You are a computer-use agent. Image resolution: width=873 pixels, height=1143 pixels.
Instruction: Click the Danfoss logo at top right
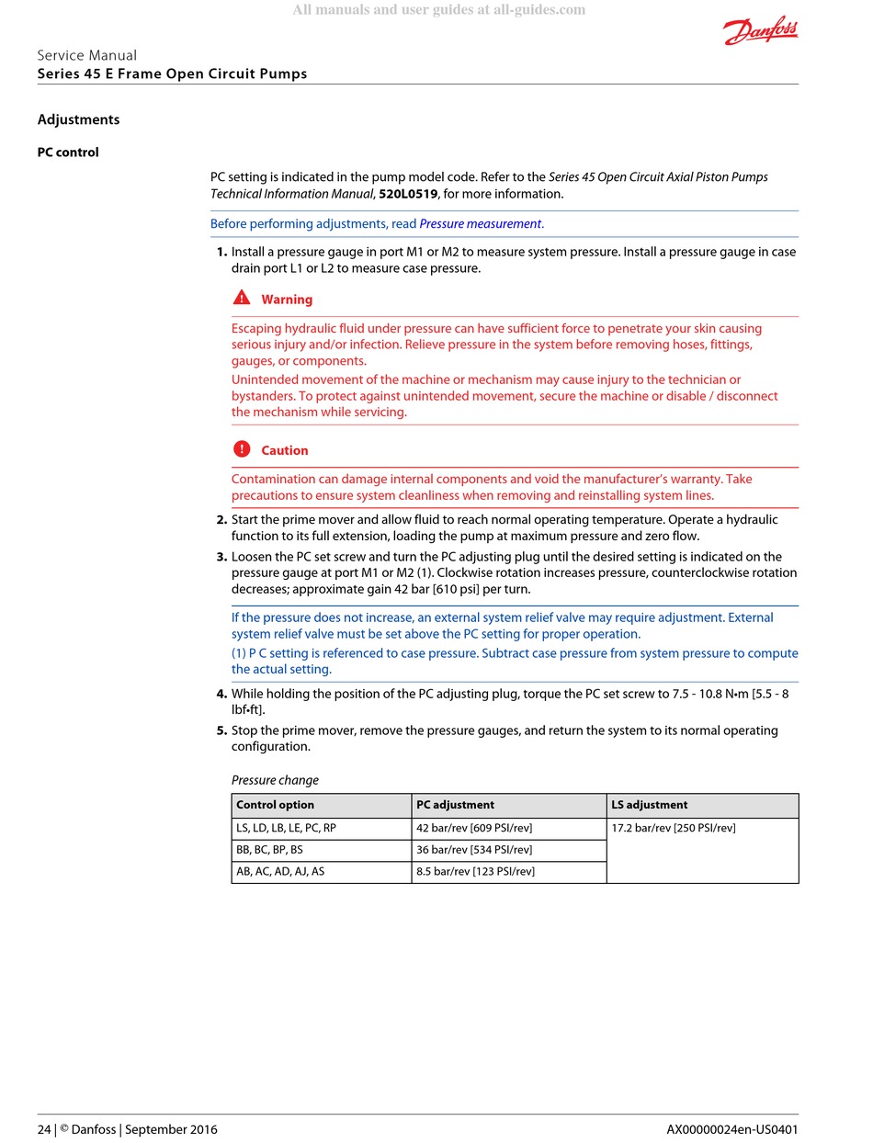761,32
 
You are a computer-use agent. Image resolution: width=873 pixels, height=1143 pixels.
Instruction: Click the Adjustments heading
78,119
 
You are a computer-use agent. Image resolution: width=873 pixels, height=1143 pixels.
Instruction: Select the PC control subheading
68,153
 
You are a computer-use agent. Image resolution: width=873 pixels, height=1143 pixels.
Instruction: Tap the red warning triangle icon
242,298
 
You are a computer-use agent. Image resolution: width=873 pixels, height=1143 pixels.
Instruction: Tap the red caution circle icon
242,449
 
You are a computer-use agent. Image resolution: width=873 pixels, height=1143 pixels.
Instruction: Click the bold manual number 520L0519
408,194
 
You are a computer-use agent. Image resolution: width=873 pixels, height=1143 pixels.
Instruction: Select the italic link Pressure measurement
480,223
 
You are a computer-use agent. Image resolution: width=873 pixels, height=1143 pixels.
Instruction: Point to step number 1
221,252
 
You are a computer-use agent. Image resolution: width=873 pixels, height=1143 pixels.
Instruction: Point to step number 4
221,694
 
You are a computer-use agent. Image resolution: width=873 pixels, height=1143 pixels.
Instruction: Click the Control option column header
275,805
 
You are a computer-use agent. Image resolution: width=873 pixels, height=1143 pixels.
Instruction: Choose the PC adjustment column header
455,805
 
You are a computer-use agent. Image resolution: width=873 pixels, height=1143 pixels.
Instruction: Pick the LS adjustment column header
649,805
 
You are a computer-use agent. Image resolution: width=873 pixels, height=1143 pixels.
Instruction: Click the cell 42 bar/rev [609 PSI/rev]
474,828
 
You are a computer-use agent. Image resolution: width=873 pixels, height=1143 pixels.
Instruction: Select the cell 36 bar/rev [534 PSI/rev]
474,850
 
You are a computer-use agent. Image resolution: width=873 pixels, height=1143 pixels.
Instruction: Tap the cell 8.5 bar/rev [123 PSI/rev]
475,871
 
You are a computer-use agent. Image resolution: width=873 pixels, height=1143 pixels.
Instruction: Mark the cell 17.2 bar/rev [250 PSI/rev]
673,828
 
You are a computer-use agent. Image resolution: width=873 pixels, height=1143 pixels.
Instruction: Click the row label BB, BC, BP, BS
269,850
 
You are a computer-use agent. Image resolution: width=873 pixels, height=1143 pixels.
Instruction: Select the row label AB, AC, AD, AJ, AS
280,871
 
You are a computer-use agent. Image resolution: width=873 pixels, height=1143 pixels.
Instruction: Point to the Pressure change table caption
275,780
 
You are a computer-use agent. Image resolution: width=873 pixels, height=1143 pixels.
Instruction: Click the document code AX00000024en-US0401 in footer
732,1129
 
